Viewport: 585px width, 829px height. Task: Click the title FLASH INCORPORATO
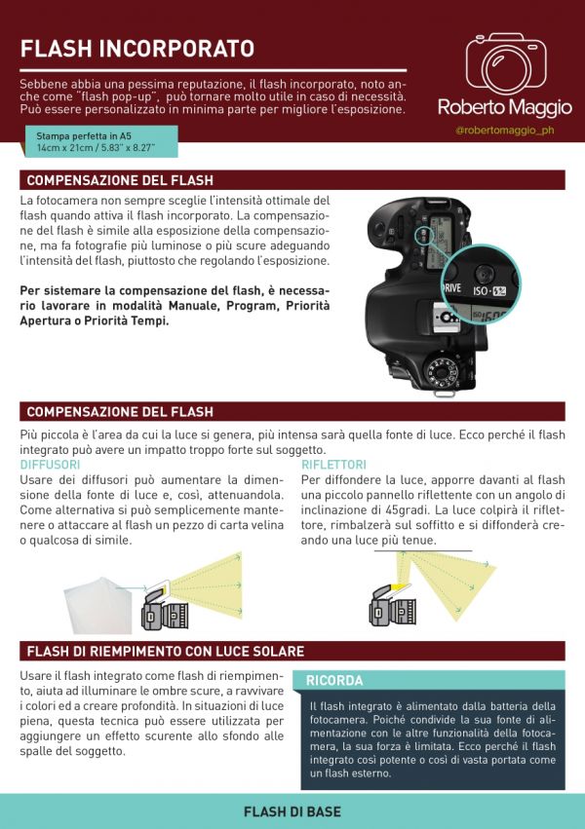click(137, 48)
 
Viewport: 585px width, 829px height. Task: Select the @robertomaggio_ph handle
click(505, 131)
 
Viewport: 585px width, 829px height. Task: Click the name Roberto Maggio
click(505, 107)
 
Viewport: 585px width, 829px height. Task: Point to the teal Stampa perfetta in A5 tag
click(100, 141)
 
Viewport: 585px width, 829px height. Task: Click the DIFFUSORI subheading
click(51, 465)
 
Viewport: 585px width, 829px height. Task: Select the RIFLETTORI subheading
click(333, 465)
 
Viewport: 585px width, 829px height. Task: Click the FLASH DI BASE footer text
click(292, 811)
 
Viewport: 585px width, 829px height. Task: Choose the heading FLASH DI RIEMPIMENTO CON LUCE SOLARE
click(166, 651)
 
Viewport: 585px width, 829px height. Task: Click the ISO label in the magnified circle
click(481, 291)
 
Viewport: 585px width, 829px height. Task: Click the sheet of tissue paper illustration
click(98, 605)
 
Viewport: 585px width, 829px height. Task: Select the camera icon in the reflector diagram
click(392, 606)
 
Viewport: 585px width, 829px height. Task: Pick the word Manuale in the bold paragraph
click(194, 306)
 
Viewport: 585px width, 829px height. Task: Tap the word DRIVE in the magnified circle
click(451, 288)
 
